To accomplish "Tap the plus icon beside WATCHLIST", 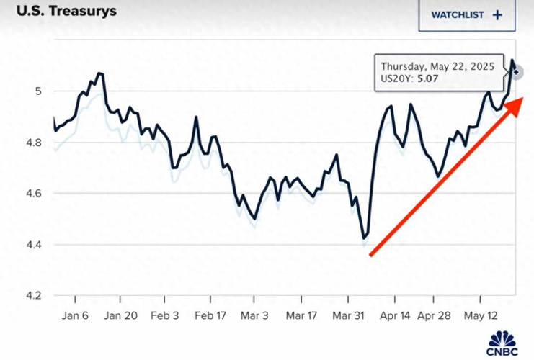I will click(497, 14).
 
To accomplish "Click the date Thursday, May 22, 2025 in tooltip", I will click(437, 66).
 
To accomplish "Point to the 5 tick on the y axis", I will click(39, 91).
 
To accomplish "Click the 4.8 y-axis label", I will click(32, 143).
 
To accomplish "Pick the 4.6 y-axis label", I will click(32, 194).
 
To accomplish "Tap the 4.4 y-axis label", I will click(32, 245).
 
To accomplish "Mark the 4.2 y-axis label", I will click(32, 296).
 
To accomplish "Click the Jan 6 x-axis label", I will click(74, 315).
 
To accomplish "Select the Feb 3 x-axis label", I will click(165, 315).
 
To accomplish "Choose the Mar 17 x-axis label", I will click(301, 315).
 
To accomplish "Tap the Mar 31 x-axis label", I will click(347, 315).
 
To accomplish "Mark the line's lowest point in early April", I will click(364, 237).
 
